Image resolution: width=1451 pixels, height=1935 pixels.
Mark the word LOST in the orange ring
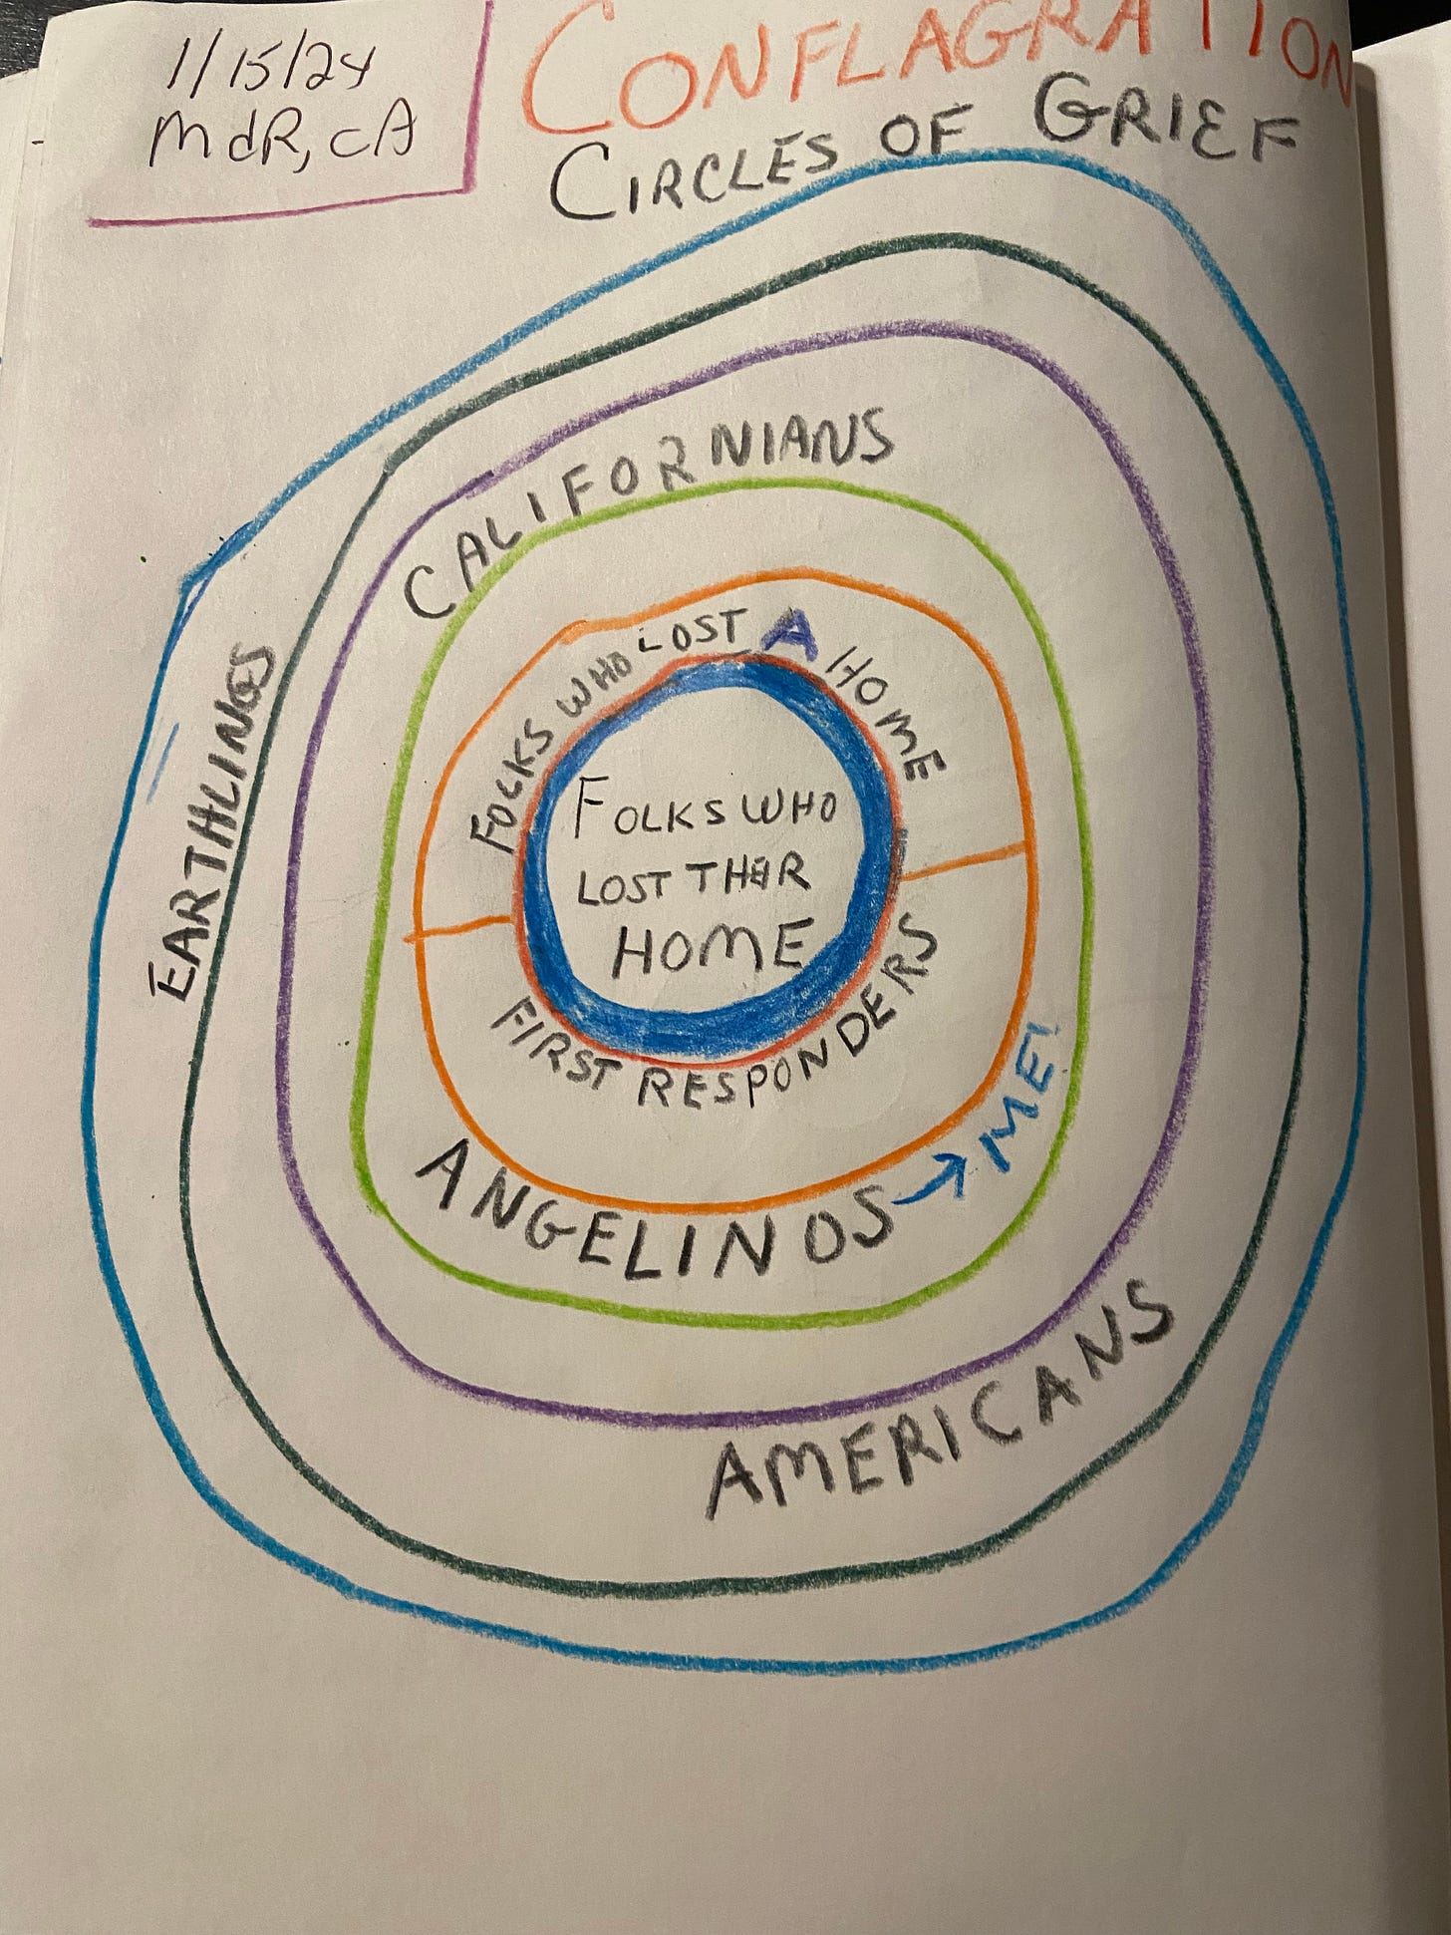click(698, 638)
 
